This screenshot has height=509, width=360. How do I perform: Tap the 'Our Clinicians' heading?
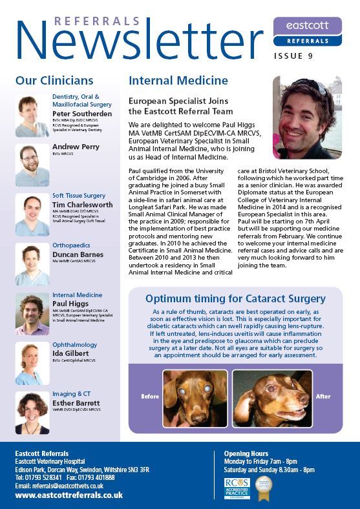[x=54, y=81]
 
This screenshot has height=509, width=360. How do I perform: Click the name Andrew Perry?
[x=76, y=147]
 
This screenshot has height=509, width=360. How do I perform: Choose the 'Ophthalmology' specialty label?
[x=74, y=345]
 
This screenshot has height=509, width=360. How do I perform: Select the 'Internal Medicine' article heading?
[x=178, y=81]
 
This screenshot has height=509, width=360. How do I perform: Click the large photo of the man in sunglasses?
[x=306, y=117]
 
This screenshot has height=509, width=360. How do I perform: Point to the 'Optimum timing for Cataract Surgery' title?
[x=235, y=298]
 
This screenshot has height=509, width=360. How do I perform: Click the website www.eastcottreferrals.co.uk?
[x=69, y=495]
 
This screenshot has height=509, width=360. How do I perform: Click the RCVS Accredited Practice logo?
[x=237, y=488]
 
